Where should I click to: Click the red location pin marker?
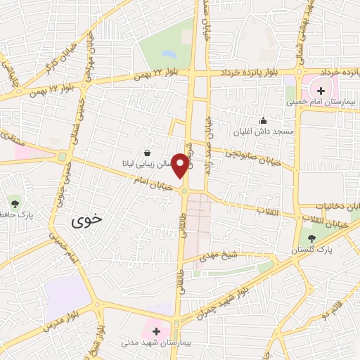pos(181,165)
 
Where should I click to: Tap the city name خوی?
pos(86,219)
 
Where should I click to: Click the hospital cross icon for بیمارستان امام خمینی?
pos(321,90)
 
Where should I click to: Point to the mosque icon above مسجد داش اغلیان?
pos(263,120)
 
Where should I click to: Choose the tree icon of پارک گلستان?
pos(311,238)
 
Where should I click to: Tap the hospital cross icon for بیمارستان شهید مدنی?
pos(156,331)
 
